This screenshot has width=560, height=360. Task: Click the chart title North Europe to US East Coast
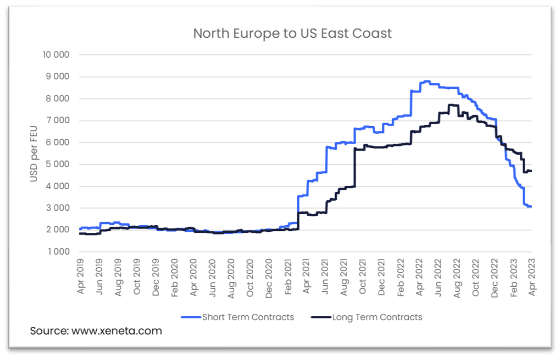click(x=292, y=33)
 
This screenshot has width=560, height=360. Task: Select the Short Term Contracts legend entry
click(x=248, y=317)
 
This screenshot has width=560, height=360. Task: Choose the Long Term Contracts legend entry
click(x=377, y=317)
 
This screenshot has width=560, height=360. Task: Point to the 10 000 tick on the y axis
click(x=56, y=55)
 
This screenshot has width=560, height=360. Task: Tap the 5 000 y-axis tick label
click(x=58, y=164)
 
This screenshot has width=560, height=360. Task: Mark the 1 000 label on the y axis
click(x=58, y=252)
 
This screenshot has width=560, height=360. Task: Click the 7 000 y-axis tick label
click(x=58, y=120)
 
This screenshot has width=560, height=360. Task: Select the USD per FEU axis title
click(x=34, y=153)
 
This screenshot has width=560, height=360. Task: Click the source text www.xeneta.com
click(x=96, y=331)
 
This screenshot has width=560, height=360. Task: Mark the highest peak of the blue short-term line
click(x=426, y=82)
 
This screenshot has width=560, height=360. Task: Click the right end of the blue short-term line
click(x=531, y=207)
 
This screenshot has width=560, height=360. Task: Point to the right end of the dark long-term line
click(x=531, y=171)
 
